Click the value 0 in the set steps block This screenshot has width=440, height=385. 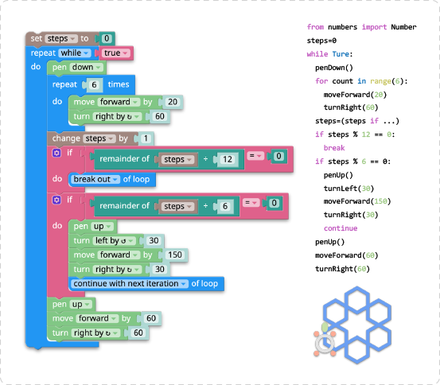(x=107, y=38)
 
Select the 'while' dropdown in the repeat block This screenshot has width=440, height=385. (x=75, y=53)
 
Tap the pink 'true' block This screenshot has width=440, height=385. (x=115, y=53)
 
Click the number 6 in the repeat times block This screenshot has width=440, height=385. (x=94, y=85)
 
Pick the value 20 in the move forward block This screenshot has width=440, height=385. (x=173, y=102)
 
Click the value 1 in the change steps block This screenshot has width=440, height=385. (x=146, y=138)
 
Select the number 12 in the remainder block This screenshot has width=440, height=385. (x=228, y=159)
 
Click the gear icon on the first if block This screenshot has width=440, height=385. (x=56, y=153)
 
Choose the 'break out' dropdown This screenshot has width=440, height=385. (x=95, y=179)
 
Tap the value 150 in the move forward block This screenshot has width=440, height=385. (x=175, y=255)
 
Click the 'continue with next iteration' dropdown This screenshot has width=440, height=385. (x=130, y=284)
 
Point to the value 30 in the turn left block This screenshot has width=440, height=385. (x=154, y=241)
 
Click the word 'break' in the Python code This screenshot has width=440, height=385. (x=334, y=148)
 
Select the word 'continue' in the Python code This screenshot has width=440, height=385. (x=341, y=228)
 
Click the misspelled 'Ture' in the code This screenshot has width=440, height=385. (x=341, y=54)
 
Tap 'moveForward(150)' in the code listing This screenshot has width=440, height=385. (x=357, y=201)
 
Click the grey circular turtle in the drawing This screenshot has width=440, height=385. (x=325, y=344)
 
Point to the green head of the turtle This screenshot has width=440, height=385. (x=325, y=327)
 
